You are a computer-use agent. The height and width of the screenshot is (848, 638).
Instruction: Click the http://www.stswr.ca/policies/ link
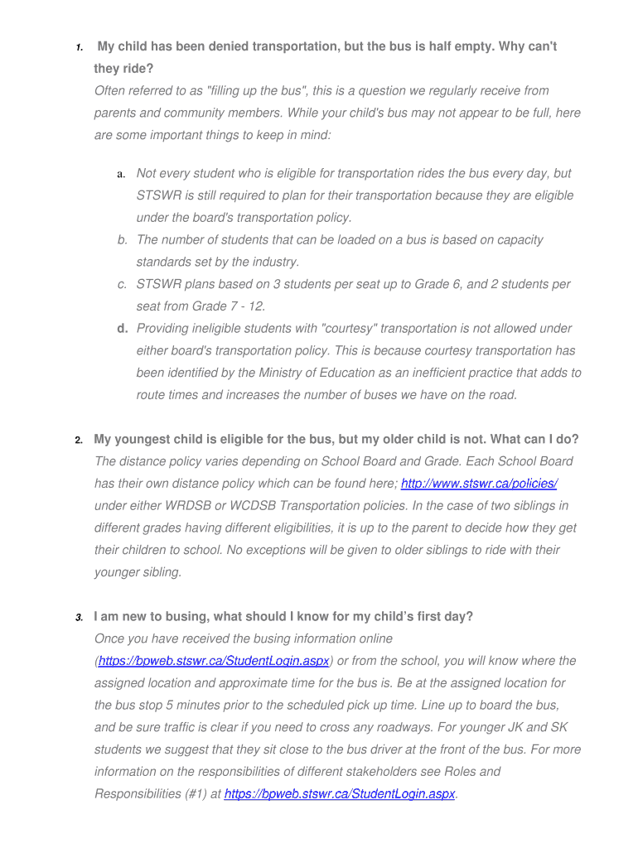pyautogui.click(x=479, y=484)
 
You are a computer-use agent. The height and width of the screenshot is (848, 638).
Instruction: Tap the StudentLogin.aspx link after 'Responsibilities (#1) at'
pyautogui.click(x=340, y=793)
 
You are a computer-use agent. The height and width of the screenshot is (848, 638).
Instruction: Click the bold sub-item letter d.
pyautogui.click(x=122, y=329)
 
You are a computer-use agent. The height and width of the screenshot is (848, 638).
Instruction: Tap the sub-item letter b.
pyautogui.click(x=122, y=240)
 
